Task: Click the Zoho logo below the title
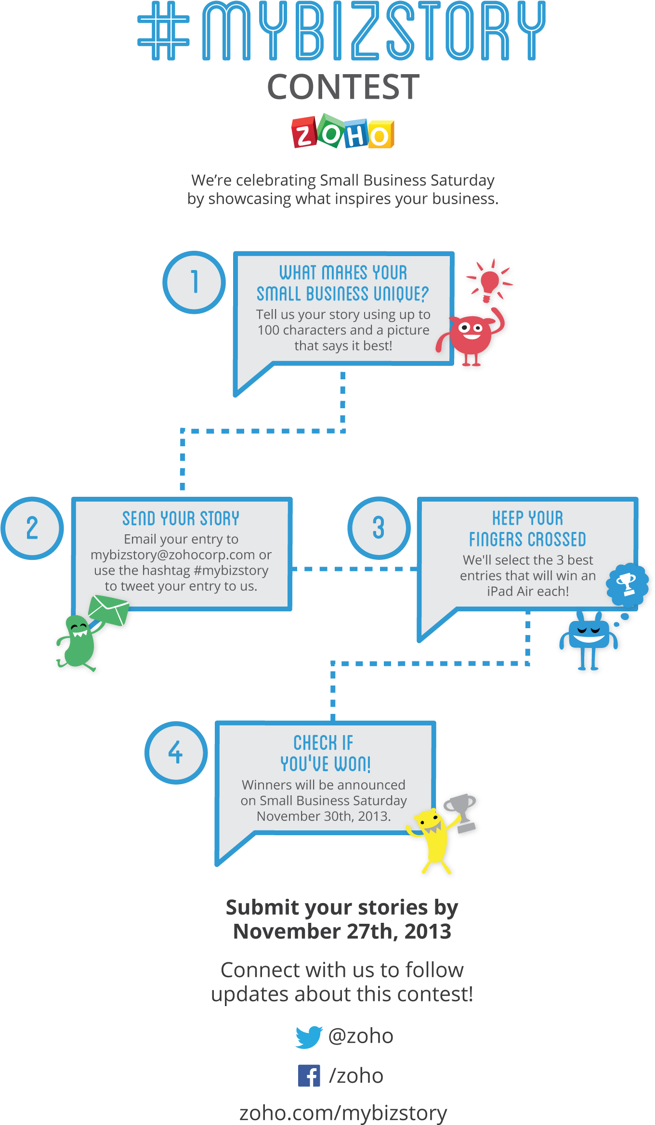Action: pos(343,131)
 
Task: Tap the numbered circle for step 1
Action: pos(194,283)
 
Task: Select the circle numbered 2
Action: pos(32,528)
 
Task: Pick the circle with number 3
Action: pos(379,528)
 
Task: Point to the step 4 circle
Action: pos(176,752)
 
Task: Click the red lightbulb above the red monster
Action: pos(490,281)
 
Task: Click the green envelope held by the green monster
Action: pos(109,609)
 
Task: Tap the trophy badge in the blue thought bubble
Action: pos(627,584)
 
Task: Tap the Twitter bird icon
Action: pos(309,1037)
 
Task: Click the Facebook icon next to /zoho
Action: pos(309,1076)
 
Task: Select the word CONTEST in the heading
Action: pos(343,87)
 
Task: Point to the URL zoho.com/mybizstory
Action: pos(343,1113)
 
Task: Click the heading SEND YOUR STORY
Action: pos(181,518)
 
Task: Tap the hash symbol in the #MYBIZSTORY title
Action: pos(164,31)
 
